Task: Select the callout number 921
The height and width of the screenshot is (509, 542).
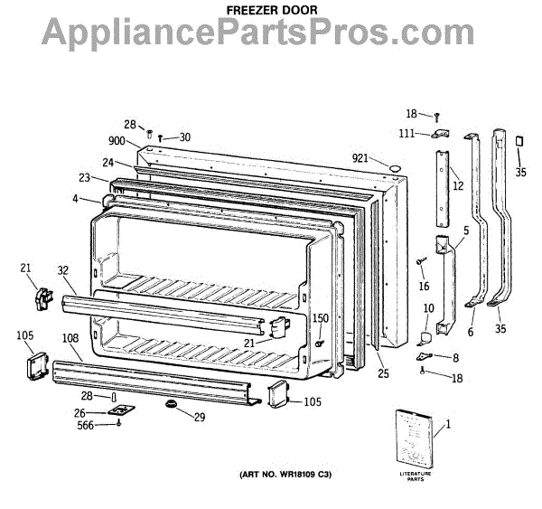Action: pos(361,159)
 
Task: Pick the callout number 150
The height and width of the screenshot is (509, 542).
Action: pos(320,318)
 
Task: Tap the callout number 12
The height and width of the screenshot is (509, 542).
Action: pos(458,186)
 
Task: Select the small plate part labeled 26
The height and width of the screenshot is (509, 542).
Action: pos(119,410)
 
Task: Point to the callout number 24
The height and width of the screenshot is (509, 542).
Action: pos(108,163)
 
